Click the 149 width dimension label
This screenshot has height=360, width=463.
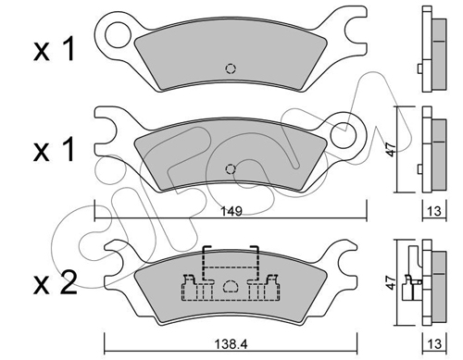pyautogui.click(x=231, y=211)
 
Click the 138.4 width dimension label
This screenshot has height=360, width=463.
pyautogui.click(x=231, y=343)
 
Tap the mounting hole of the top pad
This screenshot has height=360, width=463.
pyautogui.click(x=118, y=34)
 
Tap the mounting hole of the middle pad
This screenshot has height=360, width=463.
pyautogui.click(x=344, y=135)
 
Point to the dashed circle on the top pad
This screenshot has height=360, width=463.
pyautogui.click(x=231, y=68)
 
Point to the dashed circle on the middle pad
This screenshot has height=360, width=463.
pyautogui.click(x=231, y=169)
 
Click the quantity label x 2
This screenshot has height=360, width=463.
pyautogui.click(x=55, y=283)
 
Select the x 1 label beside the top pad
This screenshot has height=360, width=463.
pyautogui.click(x=54, y=49)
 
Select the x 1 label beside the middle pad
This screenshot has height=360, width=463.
pyautogui.click(x=54, y=150)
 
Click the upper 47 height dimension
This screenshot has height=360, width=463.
pyautogui.click(x=391, y=149)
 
